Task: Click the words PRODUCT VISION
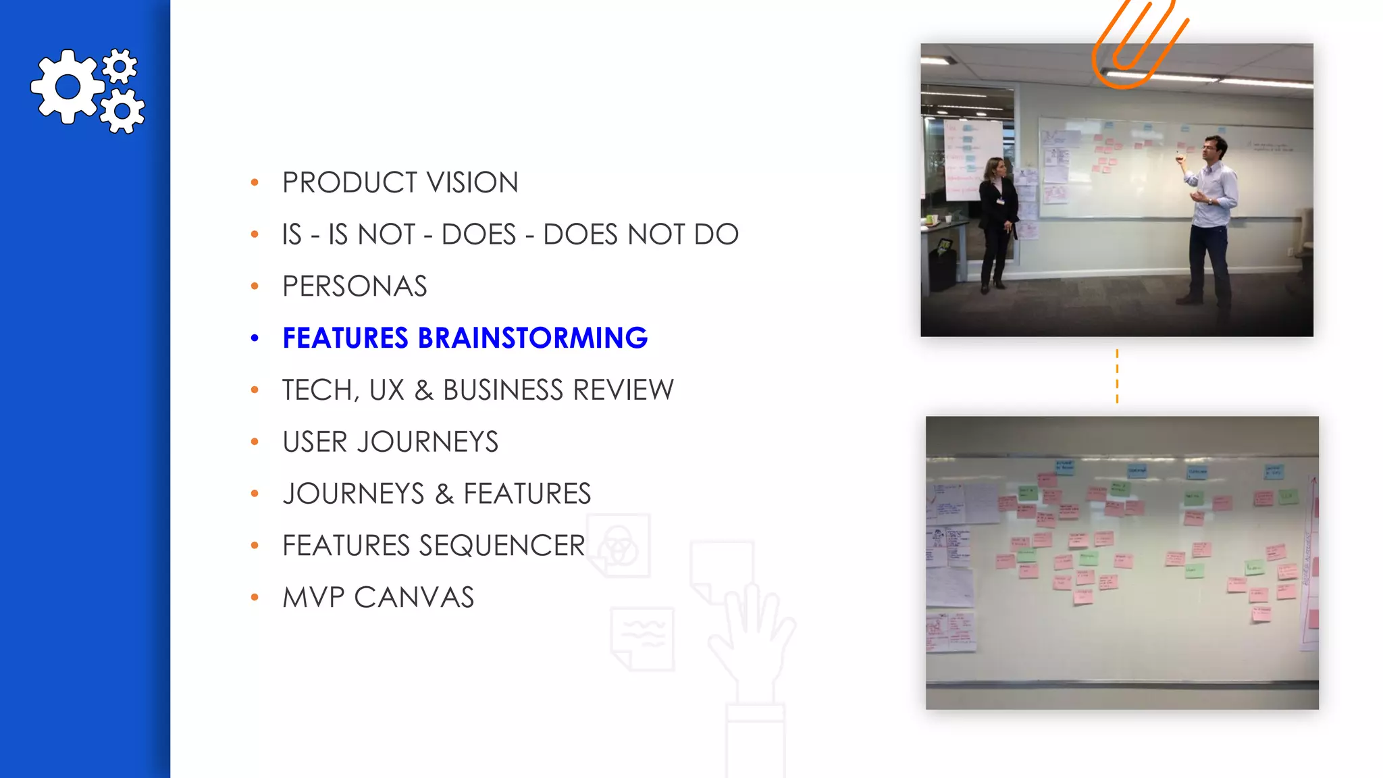(x=400, y=182)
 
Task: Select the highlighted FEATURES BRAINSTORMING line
(x=465, y=338)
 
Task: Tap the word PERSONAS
(x=355, y=286)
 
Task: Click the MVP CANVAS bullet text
(x=378, y=598)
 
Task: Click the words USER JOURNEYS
(x=390, y=442)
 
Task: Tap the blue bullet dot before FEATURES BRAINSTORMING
(x=255, y=338)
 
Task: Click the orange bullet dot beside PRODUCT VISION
(x=255, y=182)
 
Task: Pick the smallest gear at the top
(x=120, y=66)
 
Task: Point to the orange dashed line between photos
(x=1117, y=376)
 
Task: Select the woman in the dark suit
(x=996, y=223)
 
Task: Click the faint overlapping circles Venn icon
(x=618, y=546)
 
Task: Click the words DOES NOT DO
(x=641, y=234)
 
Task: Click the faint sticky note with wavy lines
(x=642, y=638)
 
